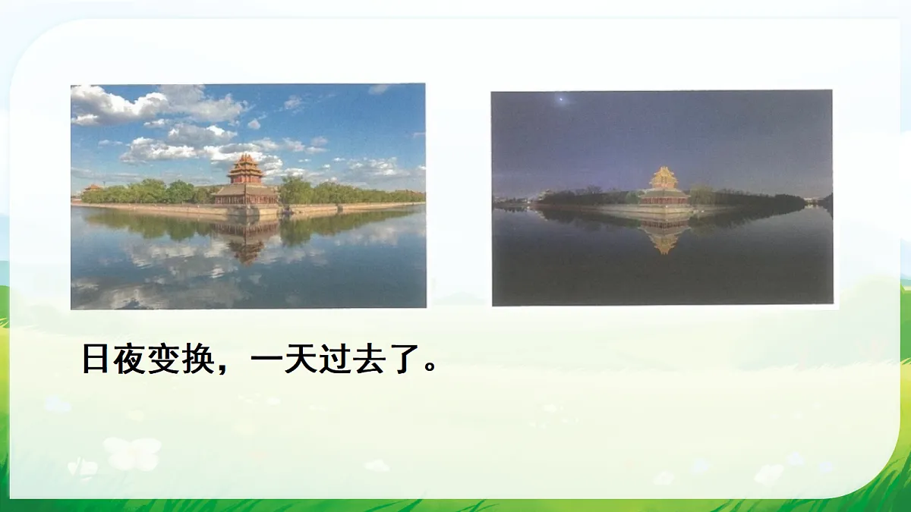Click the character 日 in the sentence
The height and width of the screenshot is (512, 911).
(x=96, y=360)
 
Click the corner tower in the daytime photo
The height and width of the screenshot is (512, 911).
(x=245, y=182)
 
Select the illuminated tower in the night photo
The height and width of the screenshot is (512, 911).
(x=664, y=187)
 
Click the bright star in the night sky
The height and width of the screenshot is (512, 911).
(x=562, y=99)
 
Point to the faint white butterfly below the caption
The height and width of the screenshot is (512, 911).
(x=133, y=453)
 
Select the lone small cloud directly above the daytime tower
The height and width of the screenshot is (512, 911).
(x=254, y=123)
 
